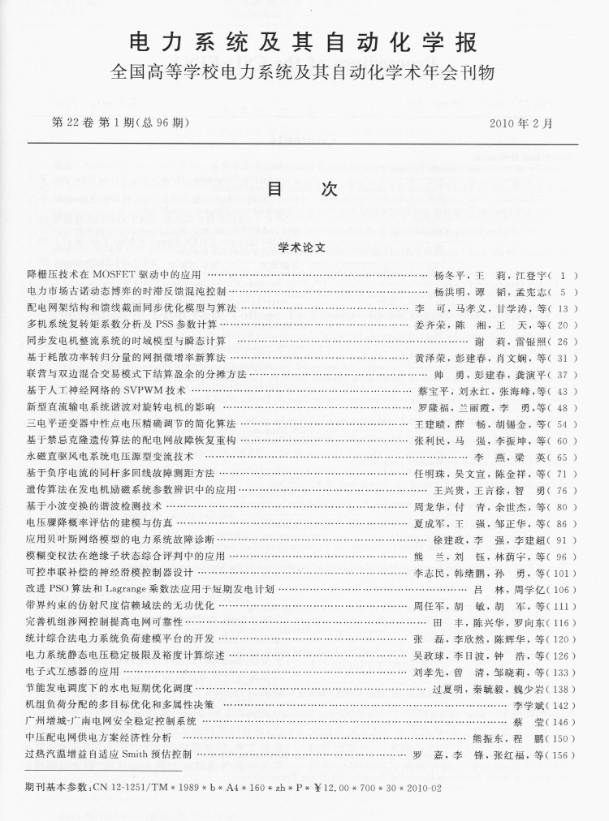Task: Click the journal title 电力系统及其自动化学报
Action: (x=304, y=42)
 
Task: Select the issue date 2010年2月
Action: (x=521, y=123)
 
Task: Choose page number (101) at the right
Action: (x=560, y=573)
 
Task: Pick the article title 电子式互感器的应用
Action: (x=73, y=673)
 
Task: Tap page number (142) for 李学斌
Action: (x=560, y=706)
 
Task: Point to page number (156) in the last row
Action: (x=560, y=755)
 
